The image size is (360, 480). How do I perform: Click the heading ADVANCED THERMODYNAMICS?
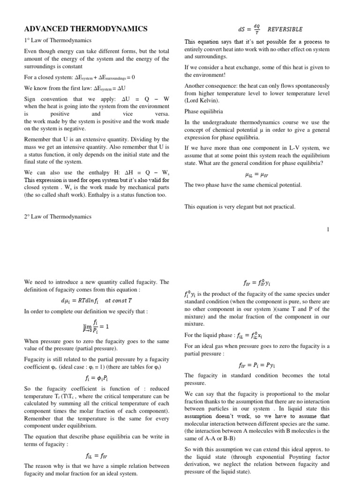pos(86,29)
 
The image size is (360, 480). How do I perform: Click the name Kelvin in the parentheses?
pos(205,100)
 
